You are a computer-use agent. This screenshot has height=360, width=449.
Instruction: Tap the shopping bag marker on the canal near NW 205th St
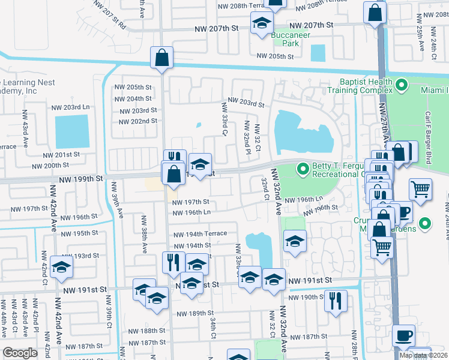tap(162, 58)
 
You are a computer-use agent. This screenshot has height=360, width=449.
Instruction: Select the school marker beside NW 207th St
tap(261, 25)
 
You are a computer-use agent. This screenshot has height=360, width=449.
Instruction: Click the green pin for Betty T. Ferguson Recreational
tap(304, 170)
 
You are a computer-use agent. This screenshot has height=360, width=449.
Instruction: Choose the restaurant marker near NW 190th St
tap(336, 300)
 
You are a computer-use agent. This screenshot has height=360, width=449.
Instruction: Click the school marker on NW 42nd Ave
tap(61, 268)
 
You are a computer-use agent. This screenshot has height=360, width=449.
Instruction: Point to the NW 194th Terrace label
tap(200, 233)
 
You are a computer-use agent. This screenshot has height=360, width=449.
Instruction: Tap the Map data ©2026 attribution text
tap(423, 355)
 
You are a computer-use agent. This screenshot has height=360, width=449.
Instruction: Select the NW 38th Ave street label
tap(144, 232)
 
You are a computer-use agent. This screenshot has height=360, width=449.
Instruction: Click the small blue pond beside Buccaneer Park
tap(318, 53)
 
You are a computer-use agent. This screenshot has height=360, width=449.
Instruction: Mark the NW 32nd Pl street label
tap(247, 137)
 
